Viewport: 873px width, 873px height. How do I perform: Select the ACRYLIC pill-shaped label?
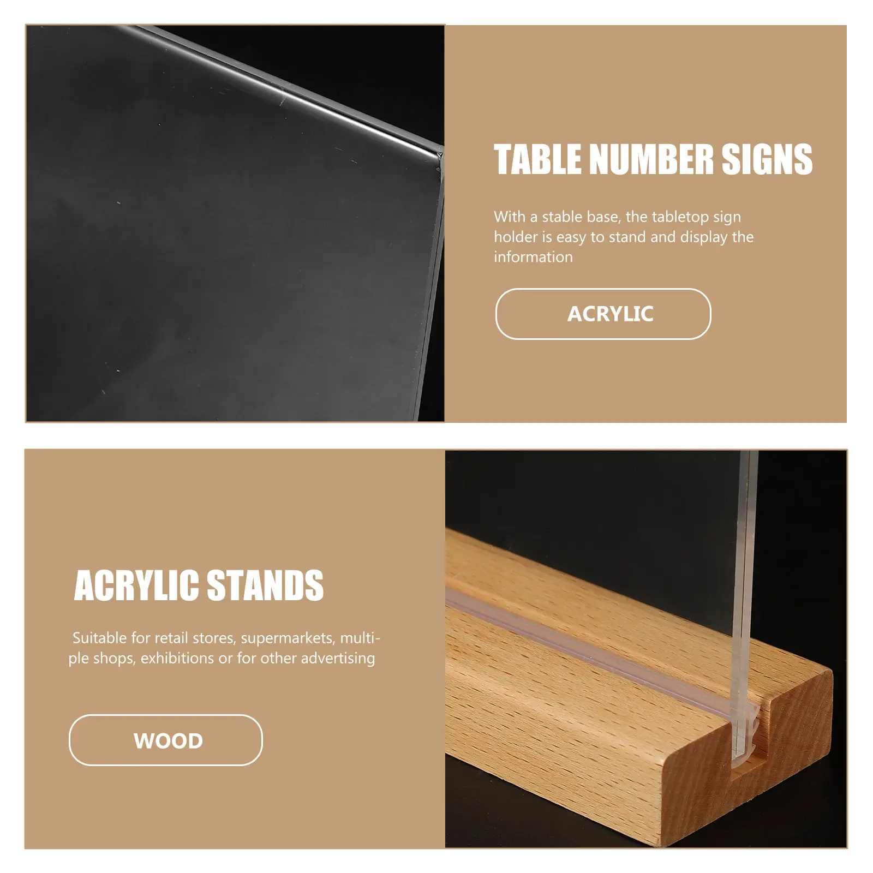(603, 314)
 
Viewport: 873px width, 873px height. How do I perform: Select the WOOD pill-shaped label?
(165, 740)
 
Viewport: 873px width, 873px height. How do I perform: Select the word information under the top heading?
(533, 257)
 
